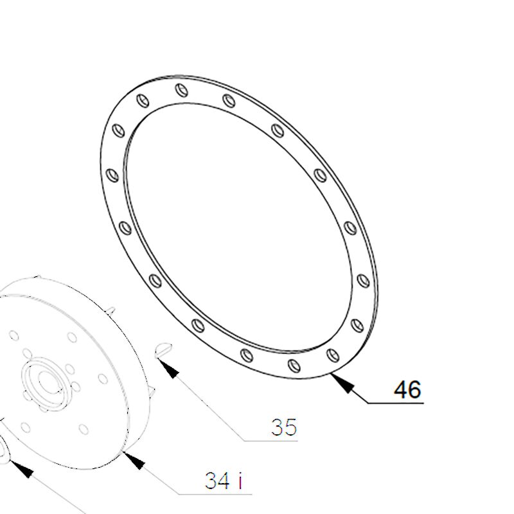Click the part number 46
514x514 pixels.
click(x=407, y=389)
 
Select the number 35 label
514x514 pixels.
click(x=284, y=427)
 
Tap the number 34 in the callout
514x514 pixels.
click(x=217, y=481)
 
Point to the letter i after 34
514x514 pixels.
click(x=240, y=481)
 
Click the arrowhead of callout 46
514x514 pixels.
click(x=342, y=382)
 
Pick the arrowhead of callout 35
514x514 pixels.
click(x=168, y=368)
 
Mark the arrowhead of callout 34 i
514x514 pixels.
click(x=134, y=460)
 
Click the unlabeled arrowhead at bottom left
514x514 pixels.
click(x=21, y=469)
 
